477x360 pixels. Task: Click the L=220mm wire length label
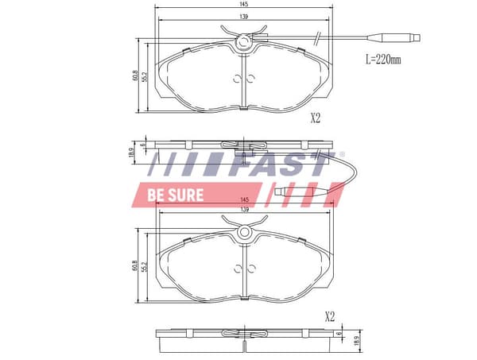point(383,60)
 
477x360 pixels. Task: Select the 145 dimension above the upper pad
point(244,4)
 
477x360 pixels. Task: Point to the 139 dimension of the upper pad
point(244,17)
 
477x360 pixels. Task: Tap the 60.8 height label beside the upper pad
point(135,75)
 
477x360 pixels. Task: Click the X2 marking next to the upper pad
point(315,118)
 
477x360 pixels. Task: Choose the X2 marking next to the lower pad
point(330,317)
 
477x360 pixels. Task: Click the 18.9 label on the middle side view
point(132,153)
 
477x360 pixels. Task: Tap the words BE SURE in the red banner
point(176,195)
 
